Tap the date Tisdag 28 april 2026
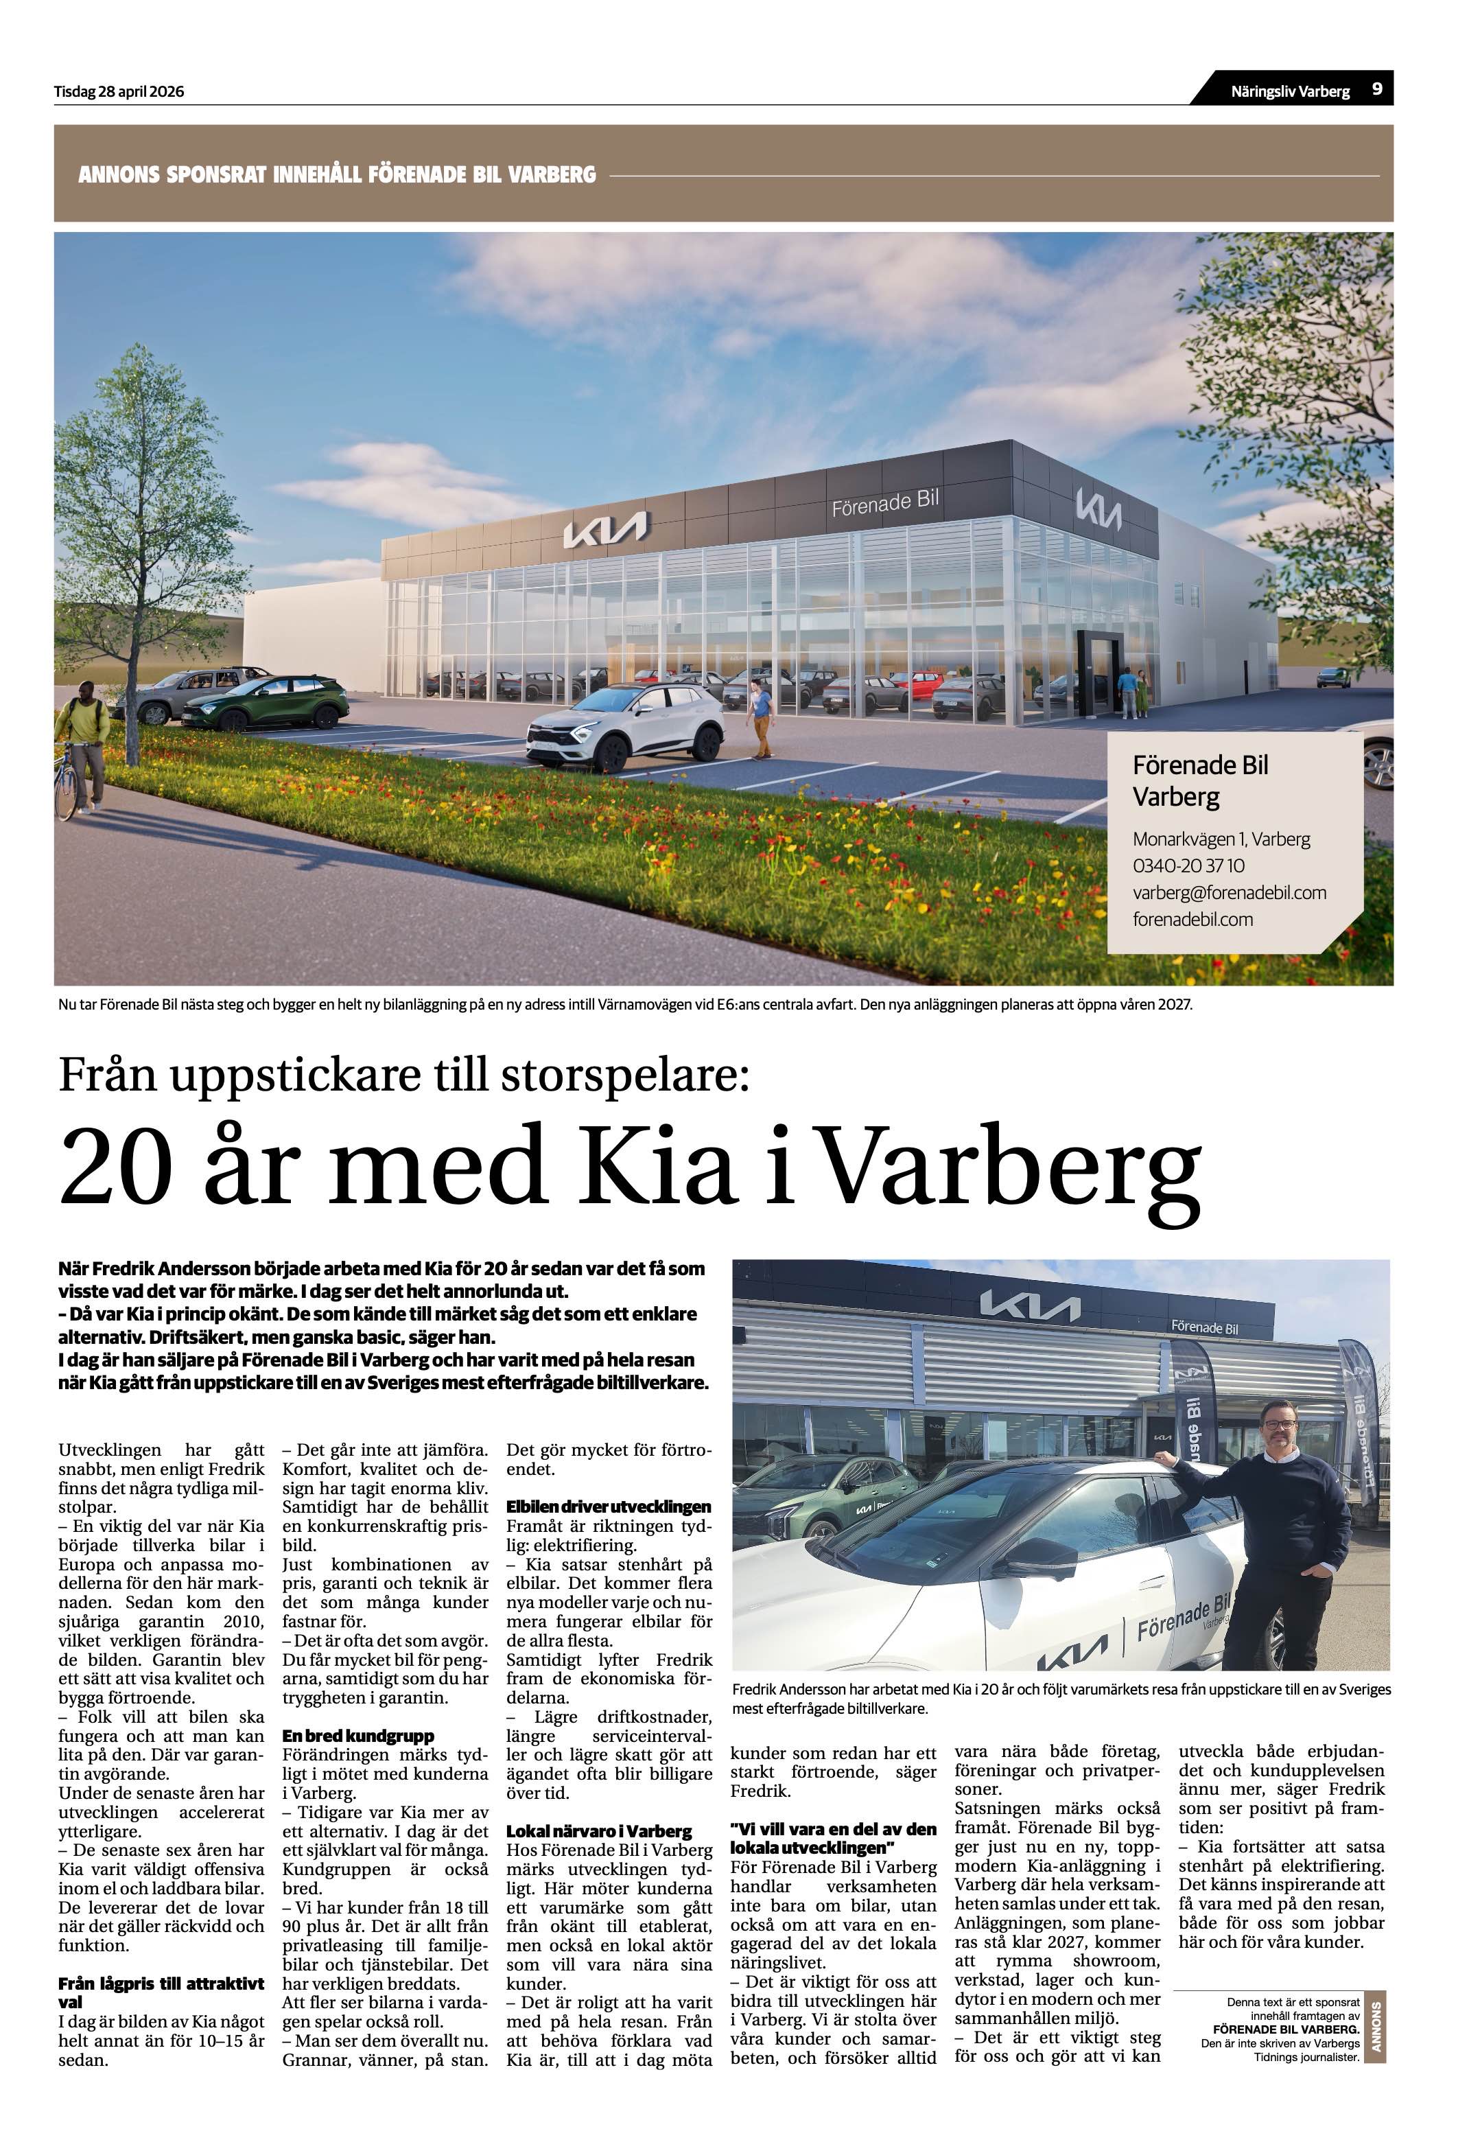119,92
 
